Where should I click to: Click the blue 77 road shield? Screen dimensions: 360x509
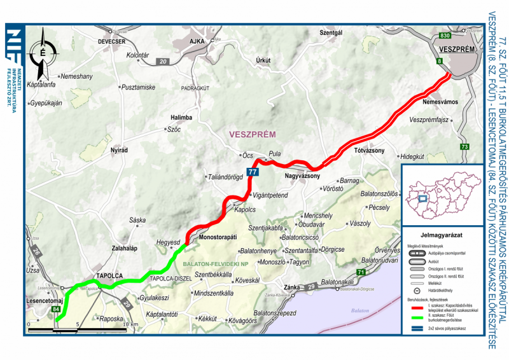(253, 172)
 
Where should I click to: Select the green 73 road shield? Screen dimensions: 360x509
(465, 147)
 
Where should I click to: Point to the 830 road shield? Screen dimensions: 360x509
(445, 36)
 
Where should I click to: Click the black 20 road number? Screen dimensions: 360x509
(164, 62)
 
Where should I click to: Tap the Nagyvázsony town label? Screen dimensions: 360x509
(302, 176)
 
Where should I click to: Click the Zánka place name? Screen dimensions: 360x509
(292, 286)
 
